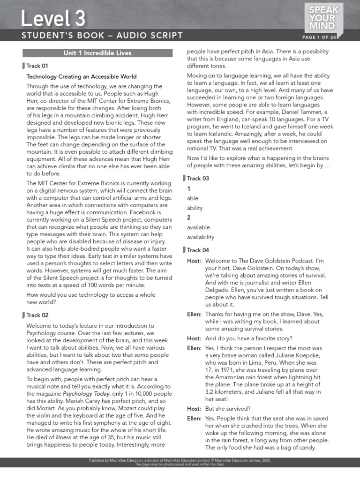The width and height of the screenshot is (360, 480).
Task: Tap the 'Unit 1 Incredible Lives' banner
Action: tap(97, 53)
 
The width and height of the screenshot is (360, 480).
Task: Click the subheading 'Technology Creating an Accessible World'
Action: tap(82, 76)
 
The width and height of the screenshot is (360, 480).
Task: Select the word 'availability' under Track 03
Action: tap(201, 237)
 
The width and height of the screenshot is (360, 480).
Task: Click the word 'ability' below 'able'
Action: tap(195, 208)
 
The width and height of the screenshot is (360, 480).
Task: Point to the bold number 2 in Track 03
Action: tap(189, 217)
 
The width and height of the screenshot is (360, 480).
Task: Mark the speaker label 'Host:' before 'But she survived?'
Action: tap(194, 408)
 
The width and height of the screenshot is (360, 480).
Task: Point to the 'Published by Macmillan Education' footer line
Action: tap(180, 461)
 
